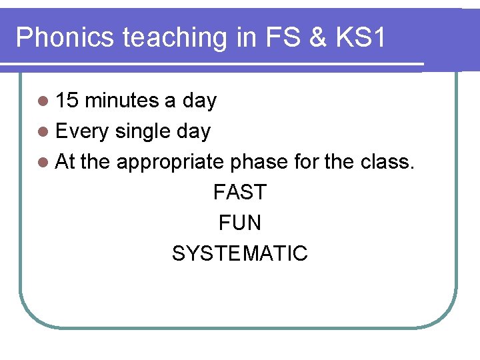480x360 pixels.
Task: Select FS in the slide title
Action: [x=269, y=38]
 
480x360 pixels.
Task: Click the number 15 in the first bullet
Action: [x=67, y=101]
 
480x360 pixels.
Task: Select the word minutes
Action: [x=122, y=101]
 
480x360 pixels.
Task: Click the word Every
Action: [x=82, y=131]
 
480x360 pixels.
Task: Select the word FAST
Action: [x=239, y=193]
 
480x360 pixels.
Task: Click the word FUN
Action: [x=239, y=223]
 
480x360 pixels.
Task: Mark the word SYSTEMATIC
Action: [x=239, y=253]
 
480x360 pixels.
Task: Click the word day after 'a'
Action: [x=199, y=101]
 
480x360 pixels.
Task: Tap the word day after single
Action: [x=193, y=131]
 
